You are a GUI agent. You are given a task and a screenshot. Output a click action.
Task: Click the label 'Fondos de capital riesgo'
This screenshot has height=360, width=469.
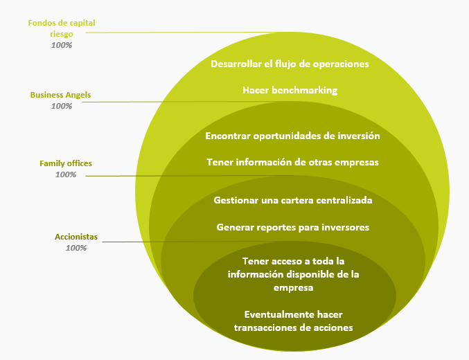[x=62, y=28]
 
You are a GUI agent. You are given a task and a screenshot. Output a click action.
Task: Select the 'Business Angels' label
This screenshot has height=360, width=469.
[x=60, y=95]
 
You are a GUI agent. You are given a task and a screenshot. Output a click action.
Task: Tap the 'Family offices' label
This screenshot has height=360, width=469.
[x=66, y=163]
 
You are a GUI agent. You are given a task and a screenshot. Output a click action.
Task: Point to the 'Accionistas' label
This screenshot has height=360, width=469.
[x=76, y=237]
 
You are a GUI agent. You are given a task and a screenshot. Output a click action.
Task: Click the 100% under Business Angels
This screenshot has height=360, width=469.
[x=62, y=106]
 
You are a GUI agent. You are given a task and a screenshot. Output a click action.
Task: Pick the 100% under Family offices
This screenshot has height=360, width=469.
[x=66, y=174]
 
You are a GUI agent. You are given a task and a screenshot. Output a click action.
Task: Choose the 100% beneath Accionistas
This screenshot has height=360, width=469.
[x=76, y=248]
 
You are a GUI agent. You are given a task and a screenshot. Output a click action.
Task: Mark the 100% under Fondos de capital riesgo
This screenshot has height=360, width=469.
[x=62, y=45]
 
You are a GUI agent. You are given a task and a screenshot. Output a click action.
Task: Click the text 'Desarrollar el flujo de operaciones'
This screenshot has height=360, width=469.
[x=290, y=64]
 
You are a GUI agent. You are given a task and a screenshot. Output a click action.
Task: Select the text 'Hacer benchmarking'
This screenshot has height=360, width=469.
[x=290, y=90]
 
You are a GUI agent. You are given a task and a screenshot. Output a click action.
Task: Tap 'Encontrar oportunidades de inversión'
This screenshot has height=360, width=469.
[x=292, y=136]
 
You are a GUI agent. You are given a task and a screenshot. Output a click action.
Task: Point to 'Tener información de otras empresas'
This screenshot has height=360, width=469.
[x=292, y=163]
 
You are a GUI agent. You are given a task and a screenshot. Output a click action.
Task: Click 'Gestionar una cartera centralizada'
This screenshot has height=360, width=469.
[x=293, y=200]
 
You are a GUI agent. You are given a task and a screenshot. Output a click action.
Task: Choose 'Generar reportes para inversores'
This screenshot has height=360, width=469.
[x=292, y=227]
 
